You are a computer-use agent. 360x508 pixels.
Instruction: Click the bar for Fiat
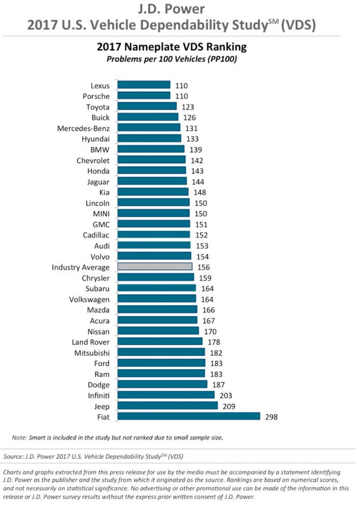189,416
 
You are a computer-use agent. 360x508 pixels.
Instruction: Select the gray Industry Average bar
155,266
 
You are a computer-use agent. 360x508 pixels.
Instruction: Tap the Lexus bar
144,85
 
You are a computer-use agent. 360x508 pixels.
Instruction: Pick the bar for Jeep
168,405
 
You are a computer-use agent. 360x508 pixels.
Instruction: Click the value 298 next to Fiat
271,417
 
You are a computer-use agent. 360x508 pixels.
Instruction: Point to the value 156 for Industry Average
204,267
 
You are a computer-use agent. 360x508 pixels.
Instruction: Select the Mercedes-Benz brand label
84,129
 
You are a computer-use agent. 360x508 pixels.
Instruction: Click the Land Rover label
91,342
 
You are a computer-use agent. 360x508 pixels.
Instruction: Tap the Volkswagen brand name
89,300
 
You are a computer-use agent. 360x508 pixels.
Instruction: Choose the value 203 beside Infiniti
226,396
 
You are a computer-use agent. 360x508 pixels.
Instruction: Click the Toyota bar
147,106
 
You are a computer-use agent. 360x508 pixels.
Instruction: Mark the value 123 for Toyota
188,107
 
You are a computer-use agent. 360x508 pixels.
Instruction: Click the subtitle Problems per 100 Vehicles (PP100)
172,59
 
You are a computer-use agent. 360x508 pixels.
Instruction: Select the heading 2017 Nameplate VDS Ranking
172,47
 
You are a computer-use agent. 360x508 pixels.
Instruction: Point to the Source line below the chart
93,457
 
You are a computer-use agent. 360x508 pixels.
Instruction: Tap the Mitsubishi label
92,353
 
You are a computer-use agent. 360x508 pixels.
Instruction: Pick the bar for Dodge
162,384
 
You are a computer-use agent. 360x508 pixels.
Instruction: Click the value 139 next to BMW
196,150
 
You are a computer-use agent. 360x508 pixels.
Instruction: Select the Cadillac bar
154,234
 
